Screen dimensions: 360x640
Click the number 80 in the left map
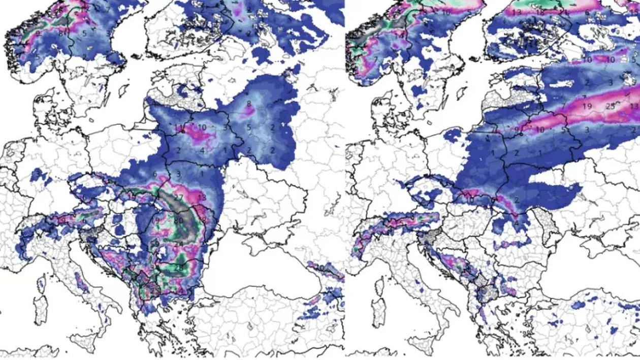[x=178, y=221]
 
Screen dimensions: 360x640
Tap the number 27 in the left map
[x=178, y=197]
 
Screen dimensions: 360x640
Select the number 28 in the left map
[x=178, y=267]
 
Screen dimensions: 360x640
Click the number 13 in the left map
[x=202, y=197]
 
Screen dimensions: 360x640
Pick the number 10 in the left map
[x=202, y=127]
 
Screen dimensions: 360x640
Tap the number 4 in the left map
[x=202, y=150]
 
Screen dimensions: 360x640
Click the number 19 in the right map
[x=587, y=106]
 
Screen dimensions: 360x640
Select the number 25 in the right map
[x=611, y=106]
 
